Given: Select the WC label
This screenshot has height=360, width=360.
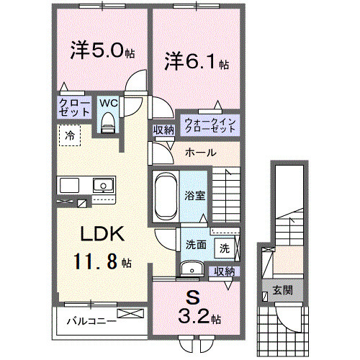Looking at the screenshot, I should (109, 102).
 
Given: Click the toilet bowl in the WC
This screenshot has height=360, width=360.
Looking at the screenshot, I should (109, 125).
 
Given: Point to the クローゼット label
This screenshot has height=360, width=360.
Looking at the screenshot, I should (74, 108).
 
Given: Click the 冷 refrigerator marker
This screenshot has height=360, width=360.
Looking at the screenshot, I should (70, 135).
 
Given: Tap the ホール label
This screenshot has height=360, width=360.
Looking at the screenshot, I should (198, 153).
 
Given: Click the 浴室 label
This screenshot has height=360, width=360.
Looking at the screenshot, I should (194, 194).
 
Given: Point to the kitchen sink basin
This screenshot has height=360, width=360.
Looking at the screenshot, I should (104, 185).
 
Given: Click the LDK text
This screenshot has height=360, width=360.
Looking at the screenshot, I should (103, 234).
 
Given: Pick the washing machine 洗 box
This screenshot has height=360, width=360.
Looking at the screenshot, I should (225, 248).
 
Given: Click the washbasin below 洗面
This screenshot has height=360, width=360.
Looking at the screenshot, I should (192, 269).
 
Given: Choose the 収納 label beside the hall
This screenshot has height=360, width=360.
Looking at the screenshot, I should (163, 130).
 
